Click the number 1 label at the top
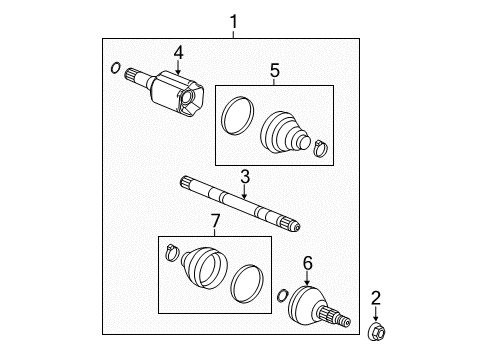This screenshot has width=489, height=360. pyautogui.click(x=234, y=21)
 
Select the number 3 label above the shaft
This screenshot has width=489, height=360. pyautogui.click(x=243, y=176)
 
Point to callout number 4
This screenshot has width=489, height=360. pyautogui.click(x=178, y=53)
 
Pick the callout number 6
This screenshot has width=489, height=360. pyautogui.click(x=308, y=262)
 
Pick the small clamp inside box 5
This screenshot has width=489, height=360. pyautogui.click(x=319, y=150)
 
